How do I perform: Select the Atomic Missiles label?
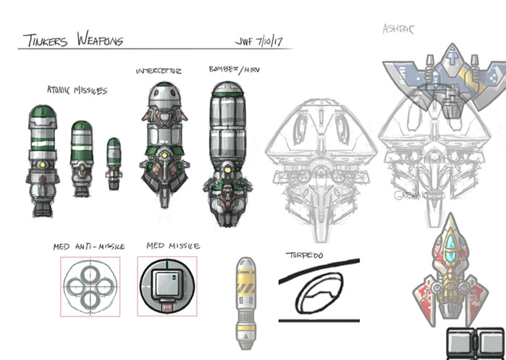[x=77, y=91]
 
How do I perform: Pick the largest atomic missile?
[x=41, y=160]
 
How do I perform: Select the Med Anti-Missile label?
[x=88, y=247]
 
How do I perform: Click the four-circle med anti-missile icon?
[x=90, y=286]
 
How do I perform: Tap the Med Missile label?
[x=173, y=246]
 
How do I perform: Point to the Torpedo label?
[x=305, y=255]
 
